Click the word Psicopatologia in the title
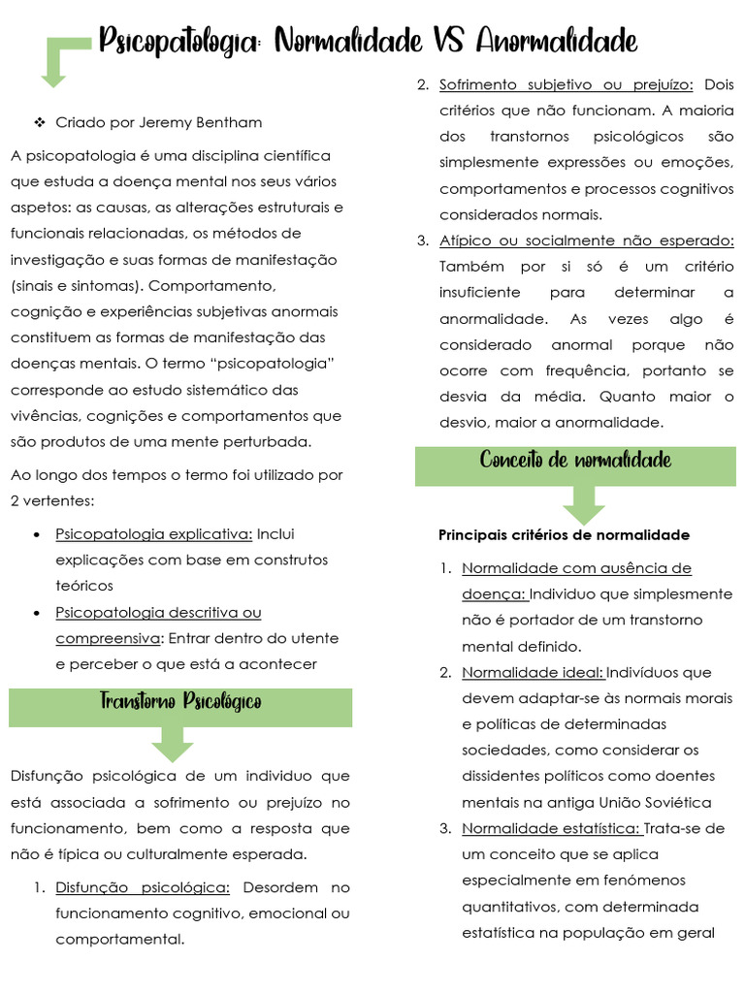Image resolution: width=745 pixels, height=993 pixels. pos(181,43)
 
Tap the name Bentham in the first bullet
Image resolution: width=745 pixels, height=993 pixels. pos(228,122)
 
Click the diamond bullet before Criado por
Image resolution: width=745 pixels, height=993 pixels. pos(39,122)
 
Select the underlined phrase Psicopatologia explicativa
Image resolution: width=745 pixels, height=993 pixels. pos(153,533)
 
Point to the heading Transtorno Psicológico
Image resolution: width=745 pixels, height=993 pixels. pos(180,701)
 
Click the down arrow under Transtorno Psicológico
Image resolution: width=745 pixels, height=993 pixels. pos(172,745)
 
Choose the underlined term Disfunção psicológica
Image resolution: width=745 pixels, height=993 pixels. pos(143,887)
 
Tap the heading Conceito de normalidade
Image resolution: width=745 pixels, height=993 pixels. pos(575,460)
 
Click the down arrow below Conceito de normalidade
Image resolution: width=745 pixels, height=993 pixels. pos(583,503)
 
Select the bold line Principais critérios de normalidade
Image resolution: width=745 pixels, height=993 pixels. pos(564,535)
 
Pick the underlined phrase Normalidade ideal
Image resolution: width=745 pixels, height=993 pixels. pos(533,672)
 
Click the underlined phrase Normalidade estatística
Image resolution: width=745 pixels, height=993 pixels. pos(550,828)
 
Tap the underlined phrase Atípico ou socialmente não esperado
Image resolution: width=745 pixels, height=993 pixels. pos(586,240)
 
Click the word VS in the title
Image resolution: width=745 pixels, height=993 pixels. pos(443,42)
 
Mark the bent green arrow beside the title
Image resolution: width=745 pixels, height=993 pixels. pos(60,60)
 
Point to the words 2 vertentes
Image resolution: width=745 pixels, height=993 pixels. pos(49,501)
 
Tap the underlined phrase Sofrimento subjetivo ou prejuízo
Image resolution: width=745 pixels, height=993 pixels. pos(566,84)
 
